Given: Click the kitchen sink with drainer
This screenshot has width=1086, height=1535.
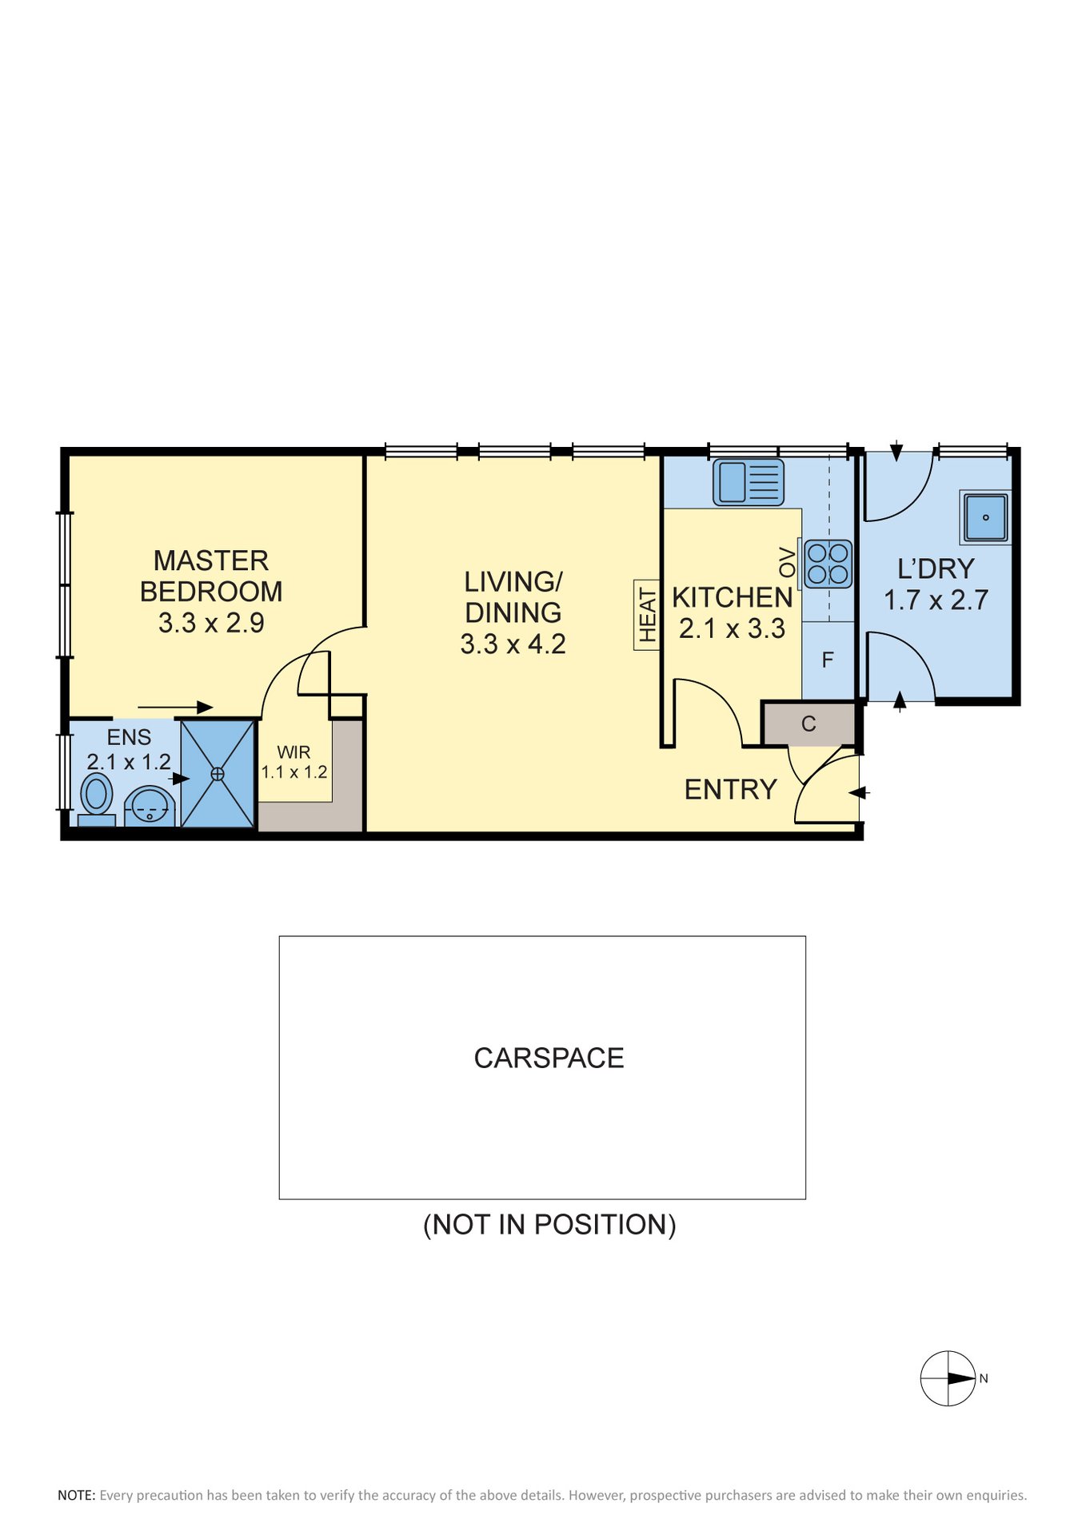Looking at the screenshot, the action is pos(748,482).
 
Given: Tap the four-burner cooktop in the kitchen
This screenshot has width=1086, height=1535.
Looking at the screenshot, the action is pos(828,564).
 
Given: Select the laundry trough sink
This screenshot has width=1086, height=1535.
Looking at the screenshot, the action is pos(985,517).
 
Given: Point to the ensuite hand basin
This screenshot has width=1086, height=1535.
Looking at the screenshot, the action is pos(150,806).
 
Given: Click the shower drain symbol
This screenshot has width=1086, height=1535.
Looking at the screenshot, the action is pos(218,774).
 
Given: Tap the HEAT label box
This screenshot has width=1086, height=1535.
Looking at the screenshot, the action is pos(647,615).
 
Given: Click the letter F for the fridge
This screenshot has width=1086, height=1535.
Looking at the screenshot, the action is pos(828,660).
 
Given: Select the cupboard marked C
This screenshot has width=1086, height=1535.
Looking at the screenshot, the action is pos(809,724).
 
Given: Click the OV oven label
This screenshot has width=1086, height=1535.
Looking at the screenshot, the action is pos(788,562).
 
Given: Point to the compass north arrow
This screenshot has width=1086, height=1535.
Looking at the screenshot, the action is pos(962,1378).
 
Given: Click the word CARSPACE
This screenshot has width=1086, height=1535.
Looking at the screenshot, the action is pos(549,1058).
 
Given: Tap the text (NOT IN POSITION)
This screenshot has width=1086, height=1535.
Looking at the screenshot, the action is pos(549,1224).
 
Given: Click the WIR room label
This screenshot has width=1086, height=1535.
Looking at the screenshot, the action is pos(293,752).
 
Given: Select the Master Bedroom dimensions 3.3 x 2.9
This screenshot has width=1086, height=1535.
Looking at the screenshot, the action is pos(211,622).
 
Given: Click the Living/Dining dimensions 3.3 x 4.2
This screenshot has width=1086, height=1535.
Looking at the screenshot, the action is pos(513,644).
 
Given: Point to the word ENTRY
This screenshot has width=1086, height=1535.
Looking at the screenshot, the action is pos(731,790).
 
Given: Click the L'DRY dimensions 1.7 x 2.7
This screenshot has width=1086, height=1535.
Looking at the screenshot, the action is pos(936,600).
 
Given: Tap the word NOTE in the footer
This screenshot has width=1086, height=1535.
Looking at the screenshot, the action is pos(76,1495).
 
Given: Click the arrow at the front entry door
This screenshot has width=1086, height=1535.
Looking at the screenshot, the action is pos(859,793).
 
